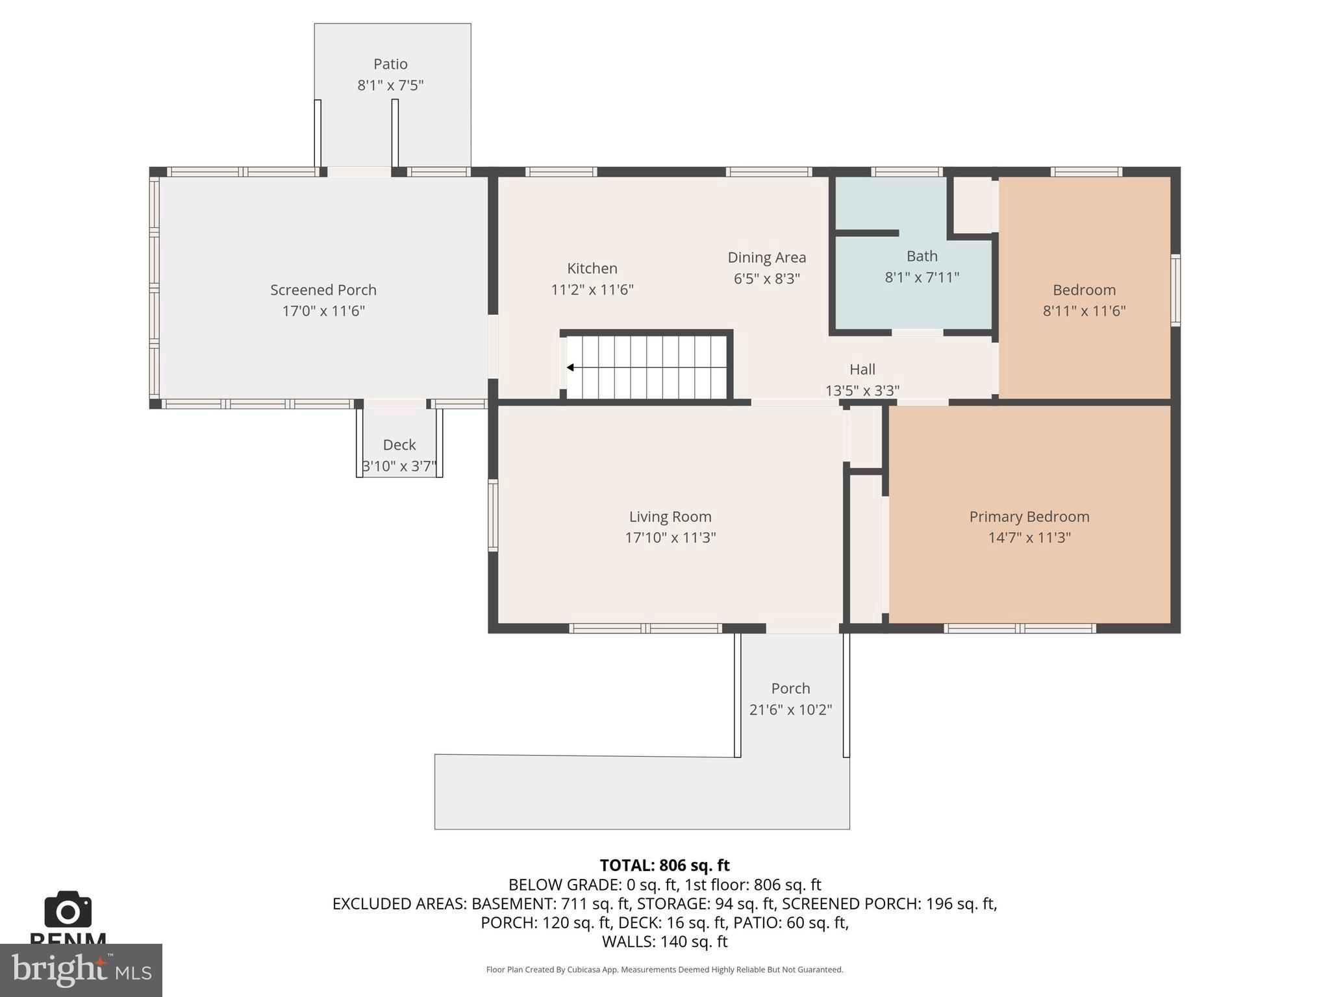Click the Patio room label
(390, 64)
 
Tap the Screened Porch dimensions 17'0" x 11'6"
(323, 311)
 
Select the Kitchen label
(592, 268)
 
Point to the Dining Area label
(766, 257)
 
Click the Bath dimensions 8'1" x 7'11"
(922, 278)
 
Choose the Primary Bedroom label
(1029, 517)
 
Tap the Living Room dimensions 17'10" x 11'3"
(670, 537)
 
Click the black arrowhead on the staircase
(570, 367)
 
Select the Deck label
(399, 445)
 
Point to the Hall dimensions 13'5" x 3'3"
(862, 391)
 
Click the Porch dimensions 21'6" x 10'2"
(790, 709)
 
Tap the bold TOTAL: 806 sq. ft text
(664, 865)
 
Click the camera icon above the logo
(68, 909)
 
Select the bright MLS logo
(81, 970)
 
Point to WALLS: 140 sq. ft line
(664, 941)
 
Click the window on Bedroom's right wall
(1175, 289)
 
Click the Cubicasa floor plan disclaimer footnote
(664, 970)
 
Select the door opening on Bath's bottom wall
(917, 333)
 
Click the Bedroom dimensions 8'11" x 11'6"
(1084, 311)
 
